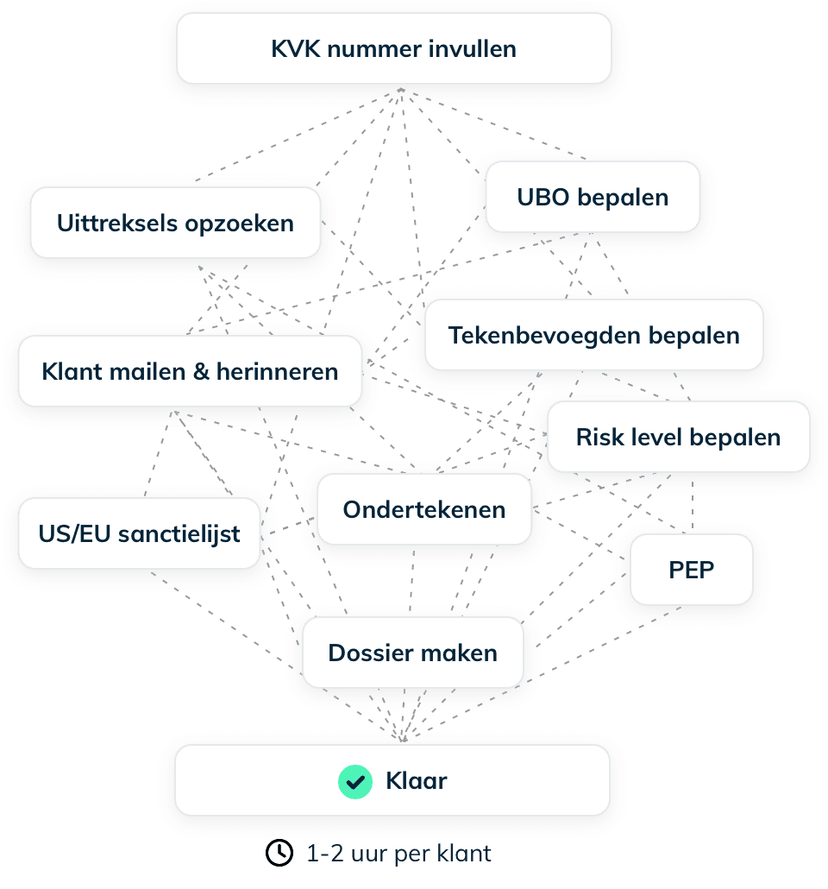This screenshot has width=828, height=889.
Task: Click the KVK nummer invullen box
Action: point(394,48)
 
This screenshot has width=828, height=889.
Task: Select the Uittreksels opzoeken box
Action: point(175,223)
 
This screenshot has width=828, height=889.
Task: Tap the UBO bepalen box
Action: point(593,197)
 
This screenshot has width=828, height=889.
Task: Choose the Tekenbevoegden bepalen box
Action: point(593,335)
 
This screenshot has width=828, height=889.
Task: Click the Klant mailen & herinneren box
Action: point(190,372)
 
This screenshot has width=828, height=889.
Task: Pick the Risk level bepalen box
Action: point(678,437)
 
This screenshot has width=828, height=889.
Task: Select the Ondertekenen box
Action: point(423,509)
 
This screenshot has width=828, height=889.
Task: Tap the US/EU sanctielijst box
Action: point(139,533)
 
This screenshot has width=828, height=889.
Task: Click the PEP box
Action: point(691,570)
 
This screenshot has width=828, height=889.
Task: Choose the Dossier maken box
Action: point(412,653)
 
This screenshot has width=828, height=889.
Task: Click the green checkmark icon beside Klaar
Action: point(354,781)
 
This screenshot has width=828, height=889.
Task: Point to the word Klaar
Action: point(416,781)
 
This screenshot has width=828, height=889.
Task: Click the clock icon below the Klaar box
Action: point(279,854)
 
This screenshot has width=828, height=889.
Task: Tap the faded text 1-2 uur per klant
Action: point(398,854)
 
